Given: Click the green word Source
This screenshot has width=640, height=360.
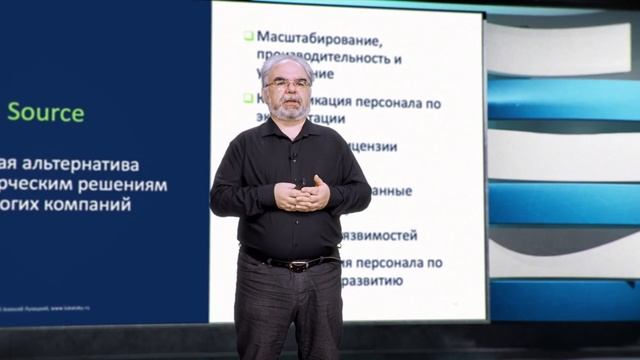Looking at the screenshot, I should (45, 112).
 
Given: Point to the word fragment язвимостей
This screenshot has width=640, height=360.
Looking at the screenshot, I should (379, 236).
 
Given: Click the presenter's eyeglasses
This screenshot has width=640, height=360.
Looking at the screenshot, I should (289, 83).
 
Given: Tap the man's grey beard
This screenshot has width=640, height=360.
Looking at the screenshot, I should (291, 109).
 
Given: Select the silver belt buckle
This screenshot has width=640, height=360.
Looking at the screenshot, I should (296, 265).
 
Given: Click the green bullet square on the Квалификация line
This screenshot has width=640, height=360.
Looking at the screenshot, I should (248, 98).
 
